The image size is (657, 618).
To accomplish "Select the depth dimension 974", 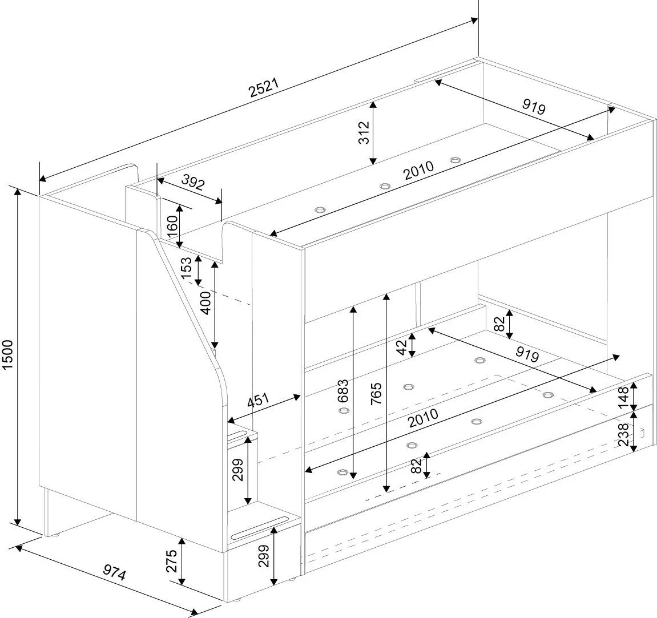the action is [x=114, y=572].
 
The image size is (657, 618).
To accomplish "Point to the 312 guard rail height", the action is [x=365, y=132].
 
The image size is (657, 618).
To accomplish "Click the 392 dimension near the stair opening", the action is [x=193, y=182].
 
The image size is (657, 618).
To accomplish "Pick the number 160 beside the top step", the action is [x=172, y=227].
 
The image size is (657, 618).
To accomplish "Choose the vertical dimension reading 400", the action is [x=205, y=302].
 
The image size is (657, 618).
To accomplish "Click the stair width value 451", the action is [x=257, y=401].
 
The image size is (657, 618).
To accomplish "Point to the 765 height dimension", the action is [x=376, y=394].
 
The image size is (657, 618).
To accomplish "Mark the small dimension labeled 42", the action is [x=401, y=348].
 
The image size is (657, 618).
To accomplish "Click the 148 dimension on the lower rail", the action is [x=623, y=397].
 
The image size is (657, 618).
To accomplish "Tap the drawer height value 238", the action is [x=623, y=434].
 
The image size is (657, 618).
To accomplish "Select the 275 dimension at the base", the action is [x=172, y=561].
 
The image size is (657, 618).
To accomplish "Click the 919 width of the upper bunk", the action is [x=534, y=106].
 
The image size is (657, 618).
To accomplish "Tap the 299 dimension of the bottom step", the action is [x=263, y=556].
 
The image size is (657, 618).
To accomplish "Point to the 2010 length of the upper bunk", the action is [x=419, y=171].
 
